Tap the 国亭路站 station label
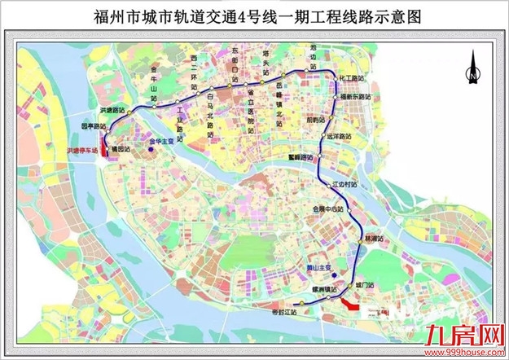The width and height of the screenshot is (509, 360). pyautogui.click(x=94, y=126)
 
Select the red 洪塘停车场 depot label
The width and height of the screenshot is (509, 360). pyautogui.click(x=82, y=151)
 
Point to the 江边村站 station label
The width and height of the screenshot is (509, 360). pyautogui.click(x=345, y=184)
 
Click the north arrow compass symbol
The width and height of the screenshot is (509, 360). pyautogui.click(x=472, y=68)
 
